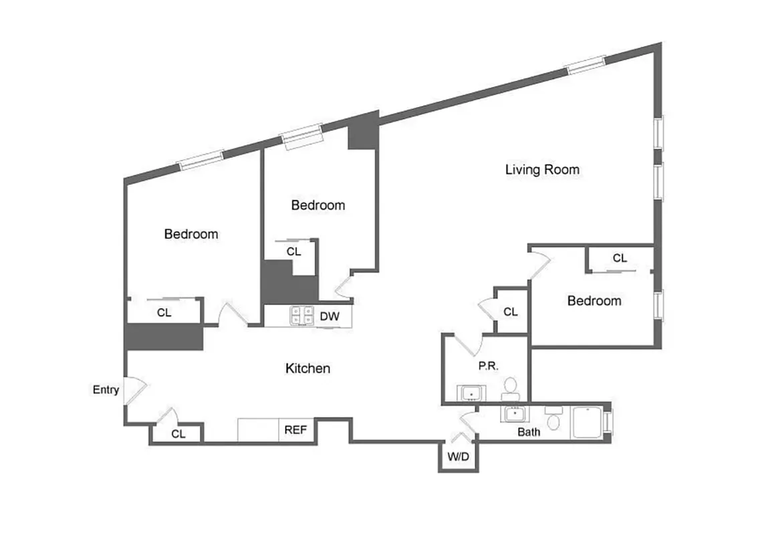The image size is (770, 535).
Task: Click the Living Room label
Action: [x=542, y=170]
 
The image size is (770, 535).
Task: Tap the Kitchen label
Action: [x=307, y=368]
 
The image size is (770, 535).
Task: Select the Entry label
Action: [x=106, y=390]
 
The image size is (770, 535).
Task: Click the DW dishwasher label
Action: [x=328, y=316]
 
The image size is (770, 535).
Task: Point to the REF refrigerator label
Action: [x=295, y=430]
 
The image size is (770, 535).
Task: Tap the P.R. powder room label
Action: [x=485, y=366]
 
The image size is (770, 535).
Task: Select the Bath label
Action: [x=529, y=432]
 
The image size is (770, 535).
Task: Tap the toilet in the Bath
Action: [x=553, y=420]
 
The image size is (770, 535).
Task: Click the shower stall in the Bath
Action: [x=588, y=422]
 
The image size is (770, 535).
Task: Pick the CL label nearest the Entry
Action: [x=178, y=433]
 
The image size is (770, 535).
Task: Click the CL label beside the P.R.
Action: [x=510, y=312]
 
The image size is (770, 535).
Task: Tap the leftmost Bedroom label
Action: [x=191, y=234]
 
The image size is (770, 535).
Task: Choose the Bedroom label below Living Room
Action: [x=594, y=301]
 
